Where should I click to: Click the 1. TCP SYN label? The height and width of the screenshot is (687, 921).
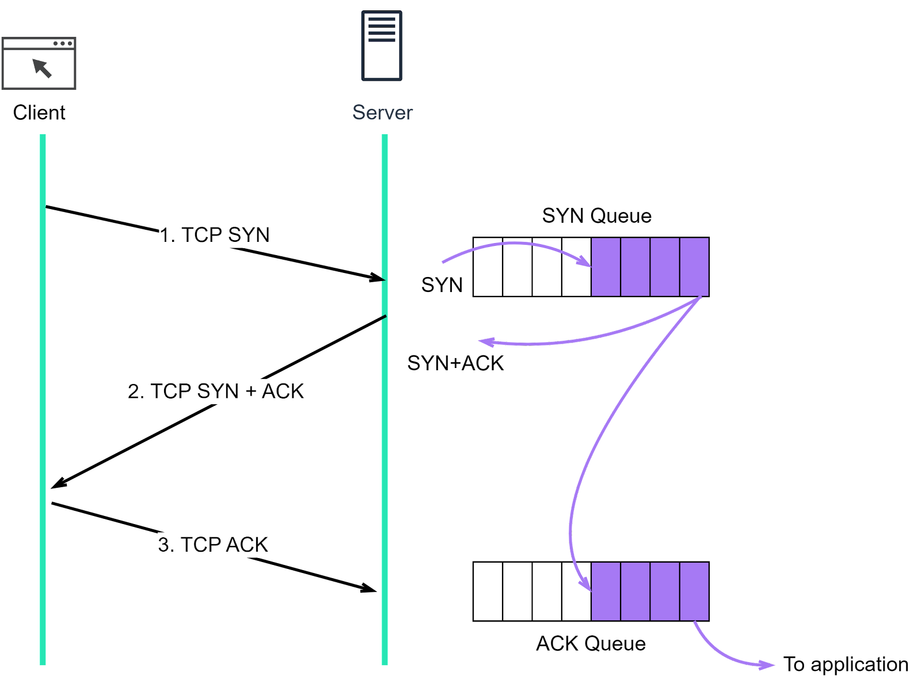[214, 235]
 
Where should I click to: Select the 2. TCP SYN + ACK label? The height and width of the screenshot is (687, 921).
[215, 391]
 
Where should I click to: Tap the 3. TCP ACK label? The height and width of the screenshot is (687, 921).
[213, 544]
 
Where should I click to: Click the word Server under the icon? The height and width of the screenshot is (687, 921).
[382, 112]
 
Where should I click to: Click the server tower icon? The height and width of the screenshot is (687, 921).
[382, 45]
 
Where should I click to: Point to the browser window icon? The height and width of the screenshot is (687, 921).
[39, 63]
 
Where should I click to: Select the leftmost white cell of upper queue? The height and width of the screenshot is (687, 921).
[488, 267]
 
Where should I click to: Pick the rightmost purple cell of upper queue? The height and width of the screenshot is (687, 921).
[694, 267]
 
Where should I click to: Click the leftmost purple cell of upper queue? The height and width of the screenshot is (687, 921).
[606, 267]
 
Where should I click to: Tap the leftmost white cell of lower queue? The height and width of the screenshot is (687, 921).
[488, 591]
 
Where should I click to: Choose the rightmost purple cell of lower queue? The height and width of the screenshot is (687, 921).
[694, 591]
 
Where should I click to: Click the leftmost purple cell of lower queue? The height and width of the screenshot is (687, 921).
[606, 591]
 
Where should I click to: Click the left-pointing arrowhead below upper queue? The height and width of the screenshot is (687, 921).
[486, 342]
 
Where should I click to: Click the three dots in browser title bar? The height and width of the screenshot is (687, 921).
[62, 43]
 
